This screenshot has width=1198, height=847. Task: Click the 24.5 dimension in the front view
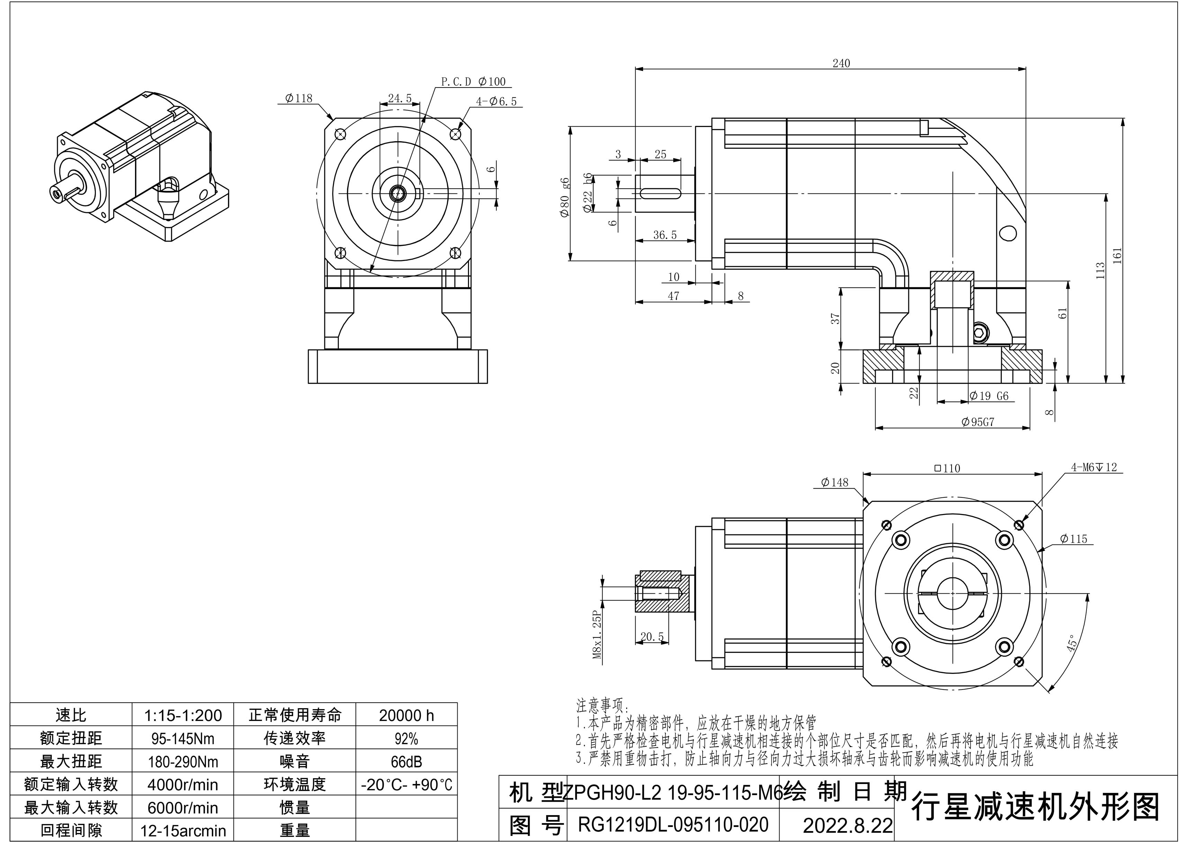pos(400,98)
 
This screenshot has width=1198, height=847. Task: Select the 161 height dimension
pos(1117,255)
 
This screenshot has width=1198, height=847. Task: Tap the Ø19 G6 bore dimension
pos(989,396)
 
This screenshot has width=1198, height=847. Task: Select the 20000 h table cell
pos(406,715)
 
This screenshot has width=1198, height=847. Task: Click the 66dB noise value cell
pos(406,762)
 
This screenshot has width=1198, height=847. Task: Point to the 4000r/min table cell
pos(183,785)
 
